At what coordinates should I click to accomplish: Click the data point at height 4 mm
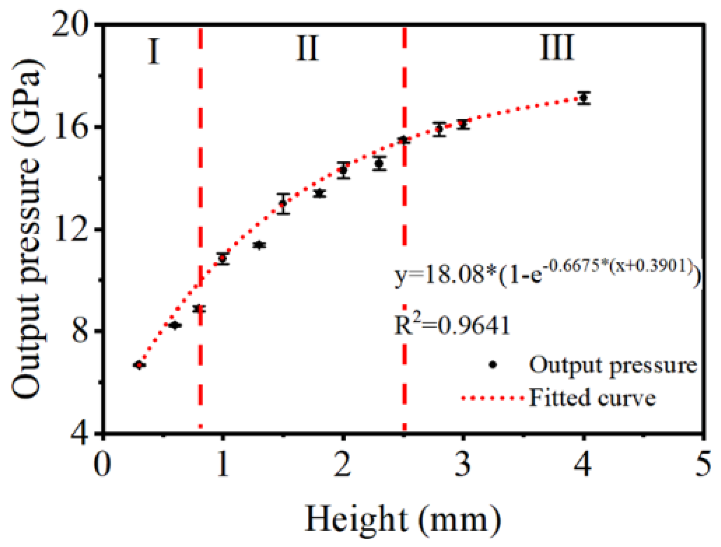(x=584, y=98)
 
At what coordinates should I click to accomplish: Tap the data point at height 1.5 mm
(x=283, y=203)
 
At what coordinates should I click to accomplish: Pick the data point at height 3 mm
(x=463, y=124)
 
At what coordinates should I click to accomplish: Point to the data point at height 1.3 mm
(x=259, y=245)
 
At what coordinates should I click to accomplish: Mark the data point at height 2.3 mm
(x=379, y=164)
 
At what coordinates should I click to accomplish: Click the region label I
(x=154, y=51)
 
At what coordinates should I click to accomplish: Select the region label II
(x=307, y=49)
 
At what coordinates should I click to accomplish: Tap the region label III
(x=557, y=48)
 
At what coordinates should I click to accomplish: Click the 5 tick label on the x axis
(x=703, y=464)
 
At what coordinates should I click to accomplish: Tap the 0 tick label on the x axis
(x=103, y=464)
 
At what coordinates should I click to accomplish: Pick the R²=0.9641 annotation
(x=452, y=325)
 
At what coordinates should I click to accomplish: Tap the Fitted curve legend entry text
(x=592, y=398)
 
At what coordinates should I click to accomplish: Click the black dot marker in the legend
(x=493, y=364)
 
